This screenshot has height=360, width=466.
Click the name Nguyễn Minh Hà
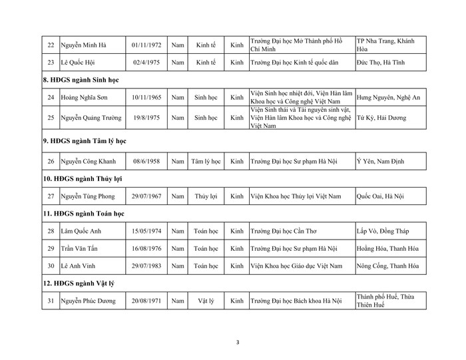click(85, 45)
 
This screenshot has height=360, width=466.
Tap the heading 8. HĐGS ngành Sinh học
click(81, 81)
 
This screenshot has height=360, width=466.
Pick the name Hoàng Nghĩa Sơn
click(86, 97)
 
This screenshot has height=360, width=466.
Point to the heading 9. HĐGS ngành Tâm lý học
click(84, 141)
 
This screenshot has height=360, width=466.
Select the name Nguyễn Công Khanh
click(90, 161)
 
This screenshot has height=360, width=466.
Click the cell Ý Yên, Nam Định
click(380, 161)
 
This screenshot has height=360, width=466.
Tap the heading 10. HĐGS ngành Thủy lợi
click(82, 179)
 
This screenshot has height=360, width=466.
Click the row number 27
click(51, 196)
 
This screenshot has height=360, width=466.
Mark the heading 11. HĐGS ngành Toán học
click(83, 214)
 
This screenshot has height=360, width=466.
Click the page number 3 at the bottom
click(238, 343)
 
